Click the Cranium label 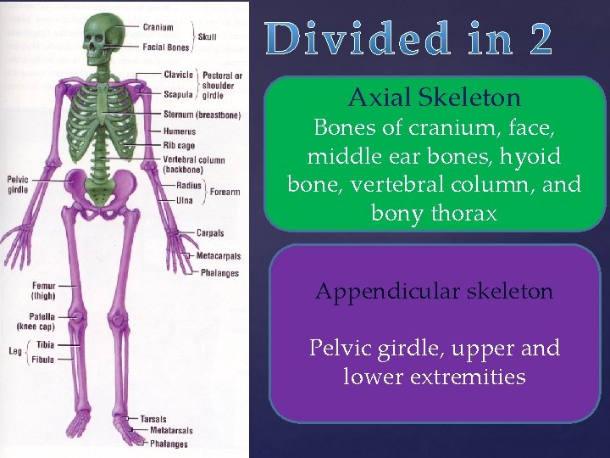[158, 28]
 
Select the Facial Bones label [166, 47]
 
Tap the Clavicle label [179, 75]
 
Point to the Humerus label [180, 131]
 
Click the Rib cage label [180, 145]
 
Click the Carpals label [210, 232]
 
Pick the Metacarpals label [218, 255]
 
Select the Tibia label [45, 345]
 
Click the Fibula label [42, 360]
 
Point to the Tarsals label [153, 419]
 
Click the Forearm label [225, 193]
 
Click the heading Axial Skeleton [434, 98]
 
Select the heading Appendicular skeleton [434, 291]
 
